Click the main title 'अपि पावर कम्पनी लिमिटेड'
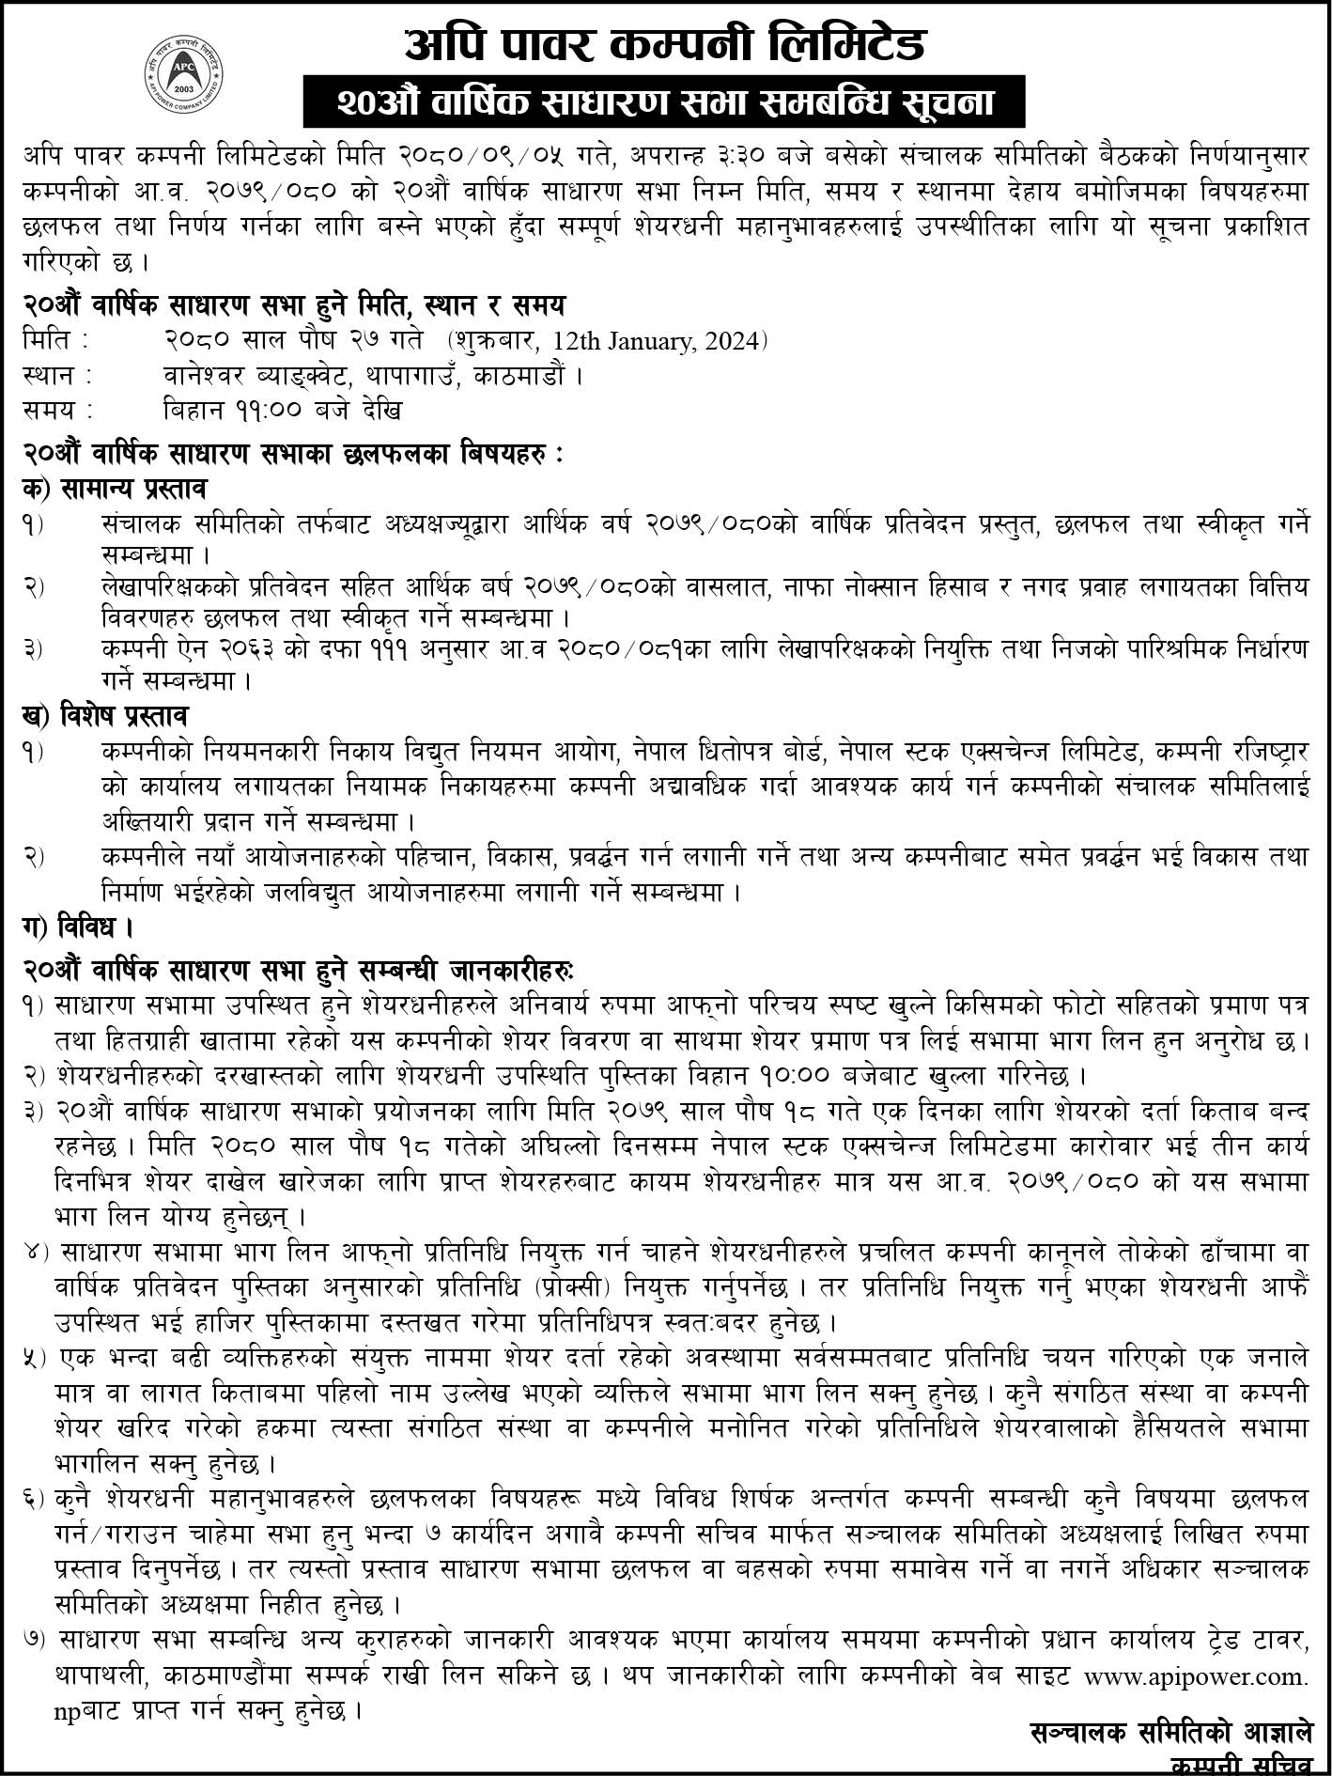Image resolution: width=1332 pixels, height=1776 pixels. click(x=664, y=42)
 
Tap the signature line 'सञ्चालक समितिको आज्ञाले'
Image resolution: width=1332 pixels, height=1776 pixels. click(x=1169, y=1731)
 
